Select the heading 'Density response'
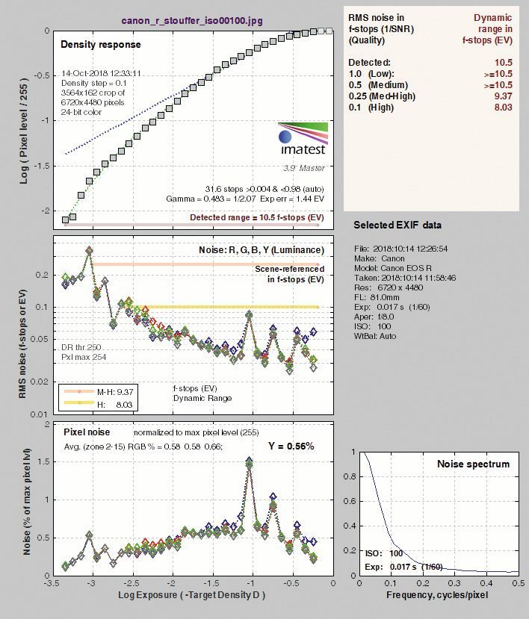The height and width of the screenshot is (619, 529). coord(100,45)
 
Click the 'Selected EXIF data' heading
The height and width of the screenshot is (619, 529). coord(397,225)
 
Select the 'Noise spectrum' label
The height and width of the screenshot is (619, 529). coord(473,464)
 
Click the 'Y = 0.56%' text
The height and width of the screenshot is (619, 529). coord(291,446)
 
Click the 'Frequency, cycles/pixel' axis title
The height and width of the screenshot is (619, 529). coord(437,595)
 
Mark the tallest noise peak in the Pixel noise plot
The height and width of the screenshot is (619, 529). coord(250,462)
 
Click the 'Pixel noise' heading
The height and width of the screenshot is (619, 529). coord(87,432)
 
